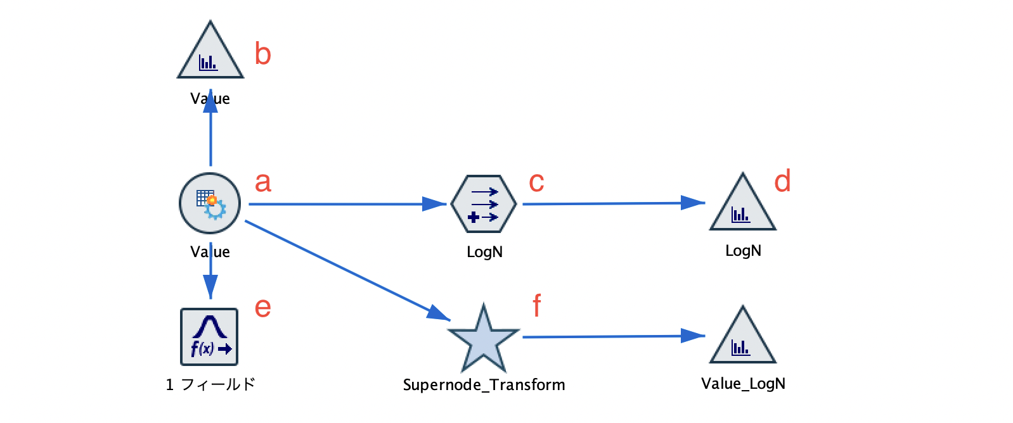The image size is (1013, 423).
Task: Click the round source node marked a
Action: point(210,203)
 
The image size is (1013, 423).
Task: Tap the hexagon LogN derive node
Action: point(484,204)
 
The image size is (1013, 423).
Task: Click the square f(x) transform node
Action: point(209,337)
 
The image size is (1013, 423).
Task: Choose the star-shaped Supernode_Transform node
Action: point(484,338)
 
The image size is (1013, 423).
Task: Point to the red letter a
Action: point(262,182)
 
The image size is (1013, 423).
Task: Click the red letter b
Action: point(262,53)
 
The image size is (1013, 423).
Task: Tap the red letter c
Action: point(536,182)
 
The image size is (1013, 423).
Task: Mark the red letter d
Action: point(782,180)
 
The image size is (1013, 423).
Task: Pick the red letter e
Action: point(262,308)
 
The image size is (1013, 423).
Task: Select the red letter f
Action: point(537,305)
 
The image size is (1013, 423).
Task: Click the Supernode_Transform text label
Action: point(484,384)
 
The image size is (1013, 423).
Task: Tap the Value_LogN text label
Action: point(743,384)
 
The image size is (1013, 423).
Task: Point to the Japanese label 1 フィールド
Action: point(210,384)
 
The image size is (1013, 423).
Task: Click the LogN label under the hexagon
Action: point(484,252)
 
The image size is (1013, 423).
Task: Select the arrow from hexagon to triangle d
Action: point(614,203)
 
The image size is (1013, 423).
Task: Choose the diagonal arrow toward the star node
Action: point(347,270)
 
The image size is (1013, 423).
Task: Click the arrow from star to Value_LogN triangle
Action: point(614,336)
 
